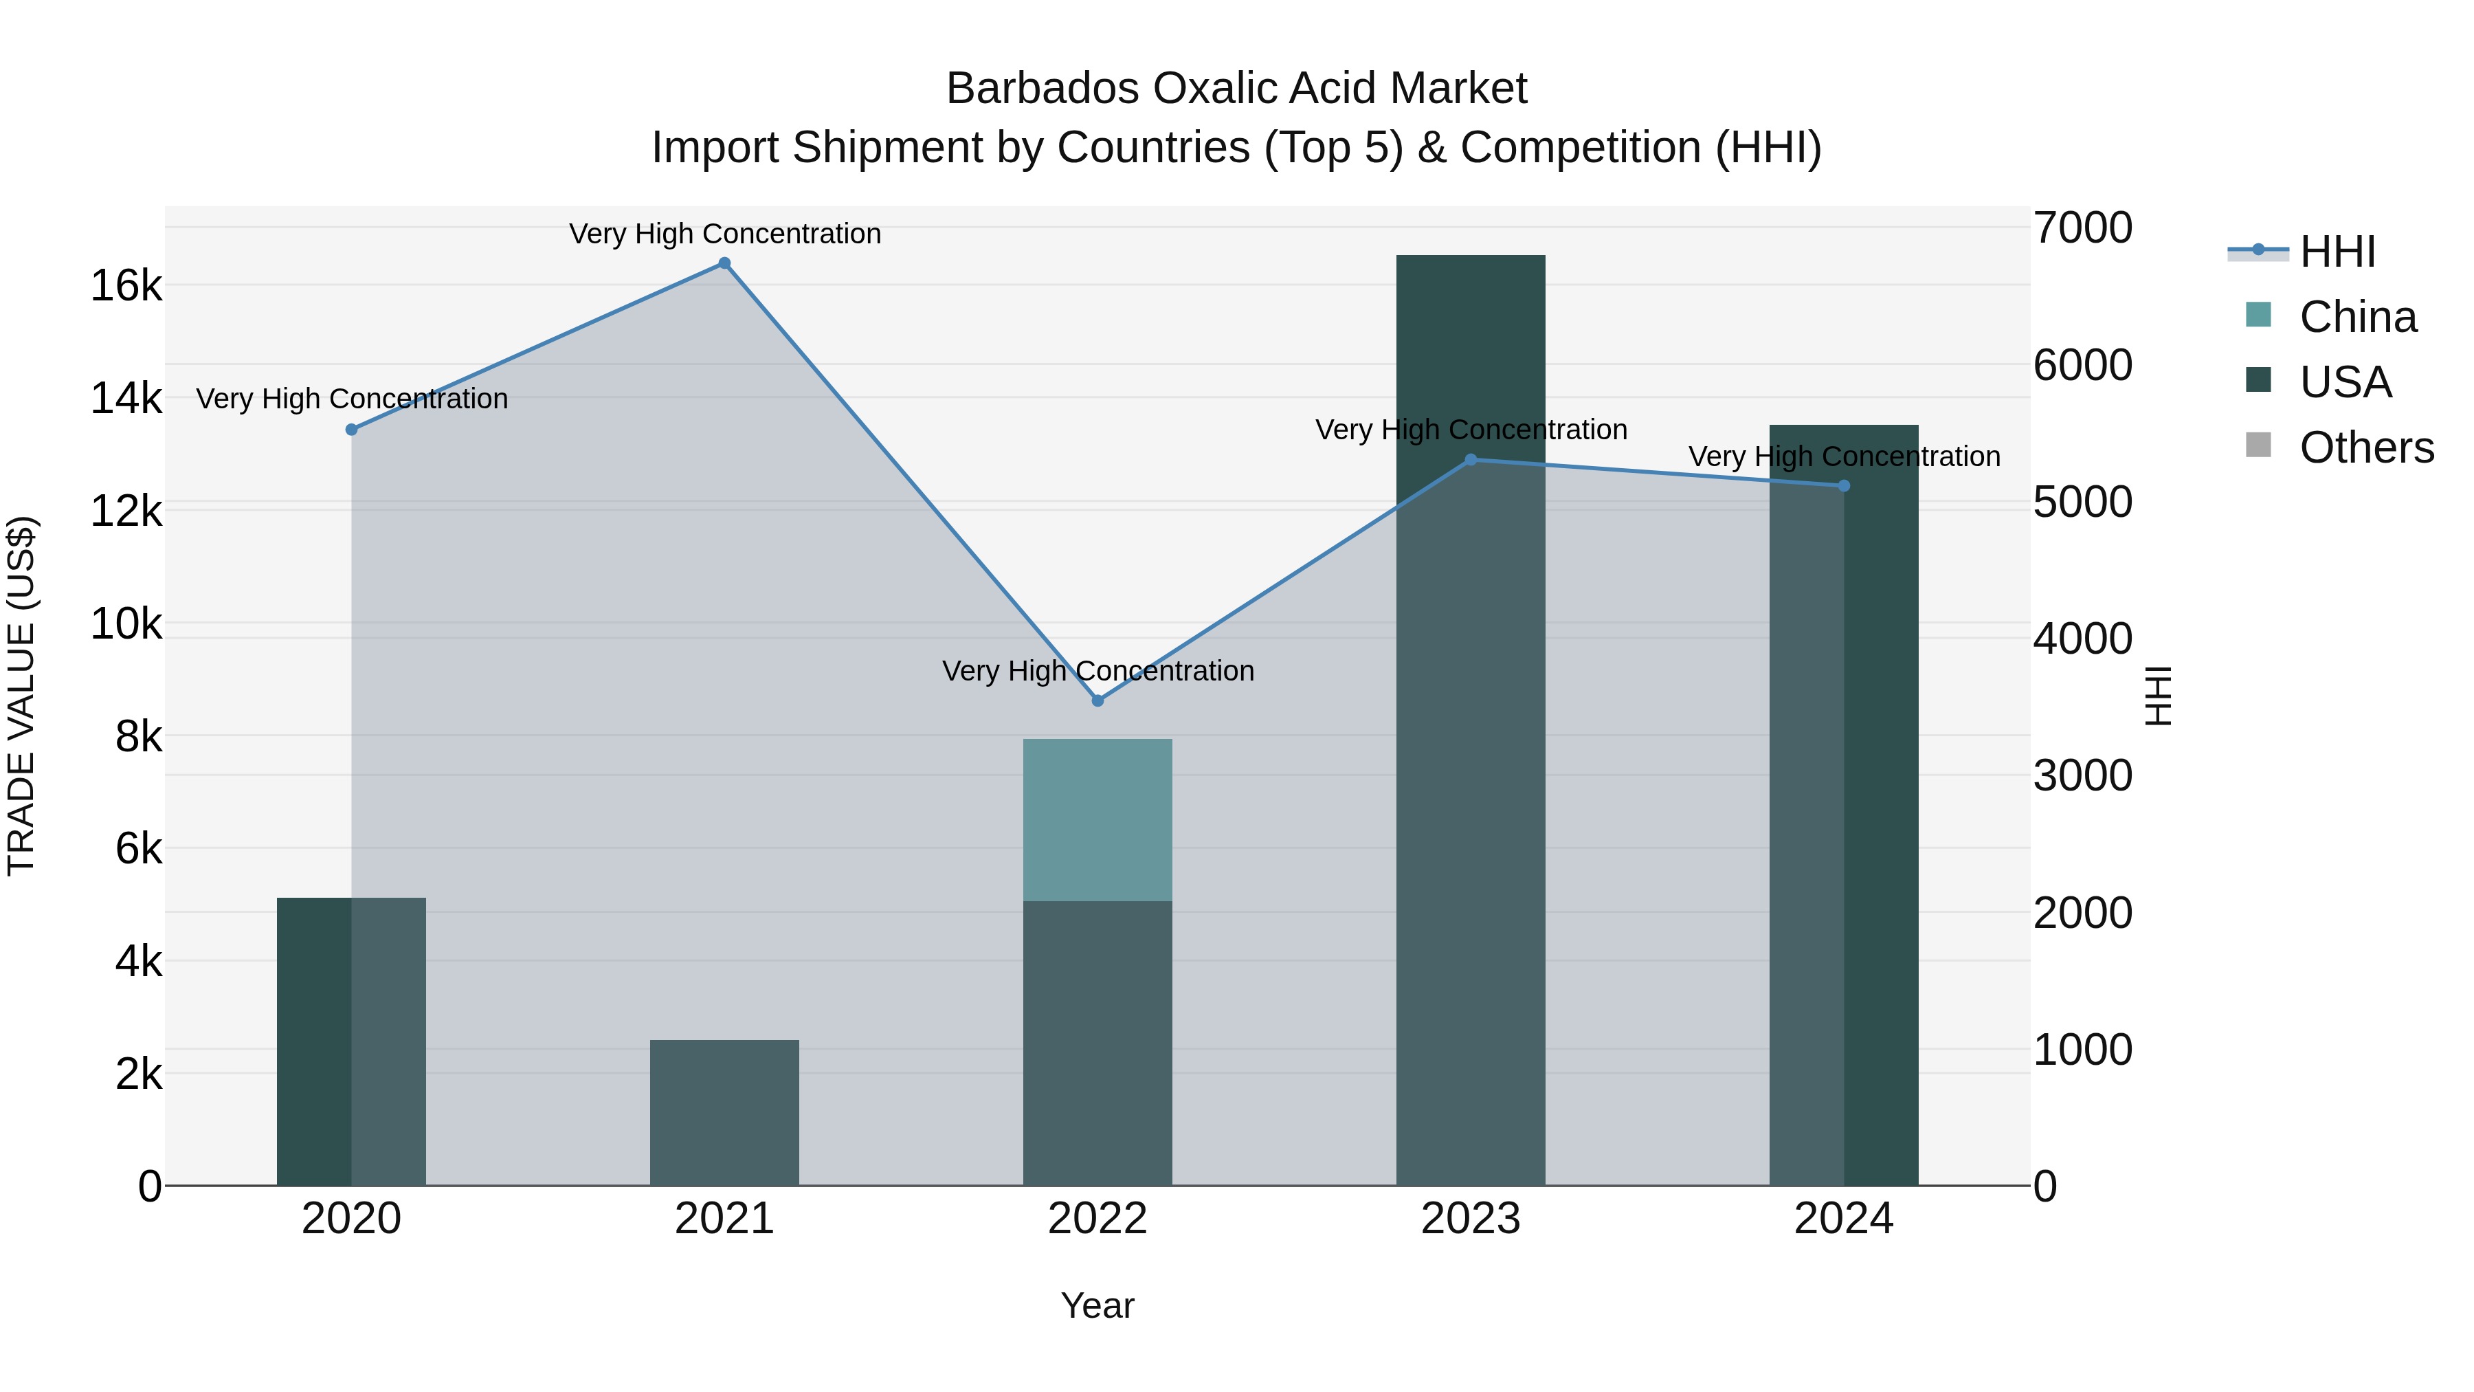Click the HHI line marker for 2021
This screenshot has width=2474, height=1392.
coord(724,263)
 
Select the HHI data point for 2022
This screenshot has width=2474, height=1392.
coord(1097,700)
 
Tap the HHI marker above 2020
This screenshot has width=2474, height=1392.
coord(351,430)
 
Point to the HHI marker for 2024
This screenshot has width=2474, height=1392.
coord(1843,486)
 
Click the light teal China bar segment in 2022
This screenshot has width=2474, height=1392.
coord(1097,819)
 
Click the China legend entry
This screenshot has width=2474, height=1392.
coord(2357,317)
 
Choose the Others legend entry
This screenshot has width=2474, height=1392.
coord(2365,448)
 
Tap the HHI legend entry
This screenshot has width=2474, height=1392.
coord(2337,252)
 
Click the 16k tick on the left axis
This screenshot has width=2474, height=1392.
coord(126,285)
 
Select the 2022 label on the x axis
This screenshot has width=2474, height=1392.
coord(1097,1219)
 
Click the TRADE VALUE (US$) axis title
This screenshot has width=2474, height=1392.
coord(21,696)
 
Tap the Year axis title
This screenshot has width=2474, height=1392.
coord(1097,1305)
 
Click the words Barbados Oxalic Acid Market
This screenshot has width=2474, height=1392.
coord(1236,89)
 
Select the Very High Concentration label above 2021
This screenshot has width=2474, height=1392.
coord(724,234)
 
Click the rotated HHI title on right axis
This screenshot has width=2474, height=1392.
coord(2157,696)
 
